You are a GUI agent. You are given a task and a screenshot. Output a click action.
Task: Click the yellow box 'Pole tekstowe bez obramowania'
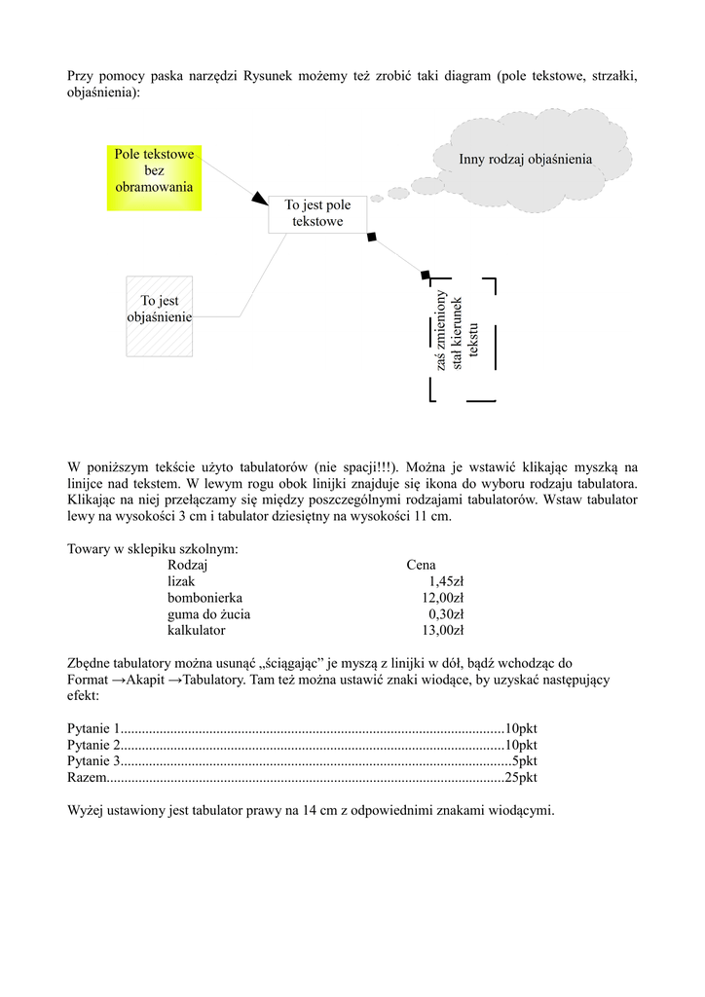point(154,177)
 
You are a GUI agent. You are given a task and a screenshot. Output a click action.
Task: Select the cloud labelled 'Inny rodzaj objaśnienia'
point(525,160)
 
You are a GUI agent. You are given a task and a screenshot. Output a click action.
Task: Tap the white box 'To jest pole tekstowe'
point(316,214)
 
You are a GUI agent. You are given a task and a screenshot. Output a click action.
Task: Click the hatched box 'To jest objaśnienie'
point(160,315)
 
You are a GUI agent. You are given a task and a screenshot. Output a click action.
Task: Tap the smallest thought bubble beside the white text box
point(376,198)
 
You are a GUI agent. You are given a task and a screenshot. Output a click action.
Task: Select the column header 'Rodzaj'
point(188,565)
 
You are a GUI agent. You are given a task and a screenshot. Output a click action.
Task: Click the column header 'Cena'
point(421,565)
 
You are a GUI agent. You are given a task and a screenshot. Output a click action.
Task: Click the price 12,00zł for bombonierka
point(442,598)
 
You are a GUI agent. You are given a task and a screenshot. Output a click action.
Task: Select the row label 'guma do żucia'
point(208,614)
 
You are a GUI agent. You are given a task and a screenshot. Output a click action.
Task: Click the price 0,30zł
point(446,614)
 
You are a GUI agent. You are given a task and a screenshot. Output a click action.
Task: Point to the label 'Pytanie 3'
point(93,761)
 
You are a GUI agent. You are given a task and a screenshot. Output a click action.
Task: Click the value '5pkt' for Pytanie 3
point(524,761)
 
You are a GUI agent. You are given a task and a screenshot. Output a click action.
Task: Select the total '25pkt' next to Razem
point(520,778)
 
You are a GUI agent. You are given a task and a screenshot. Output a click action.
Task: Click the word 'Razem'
point(85,778)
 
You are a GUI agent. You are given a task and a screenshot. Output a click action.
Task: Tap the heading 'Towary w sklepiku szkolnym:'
point(153,549)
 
